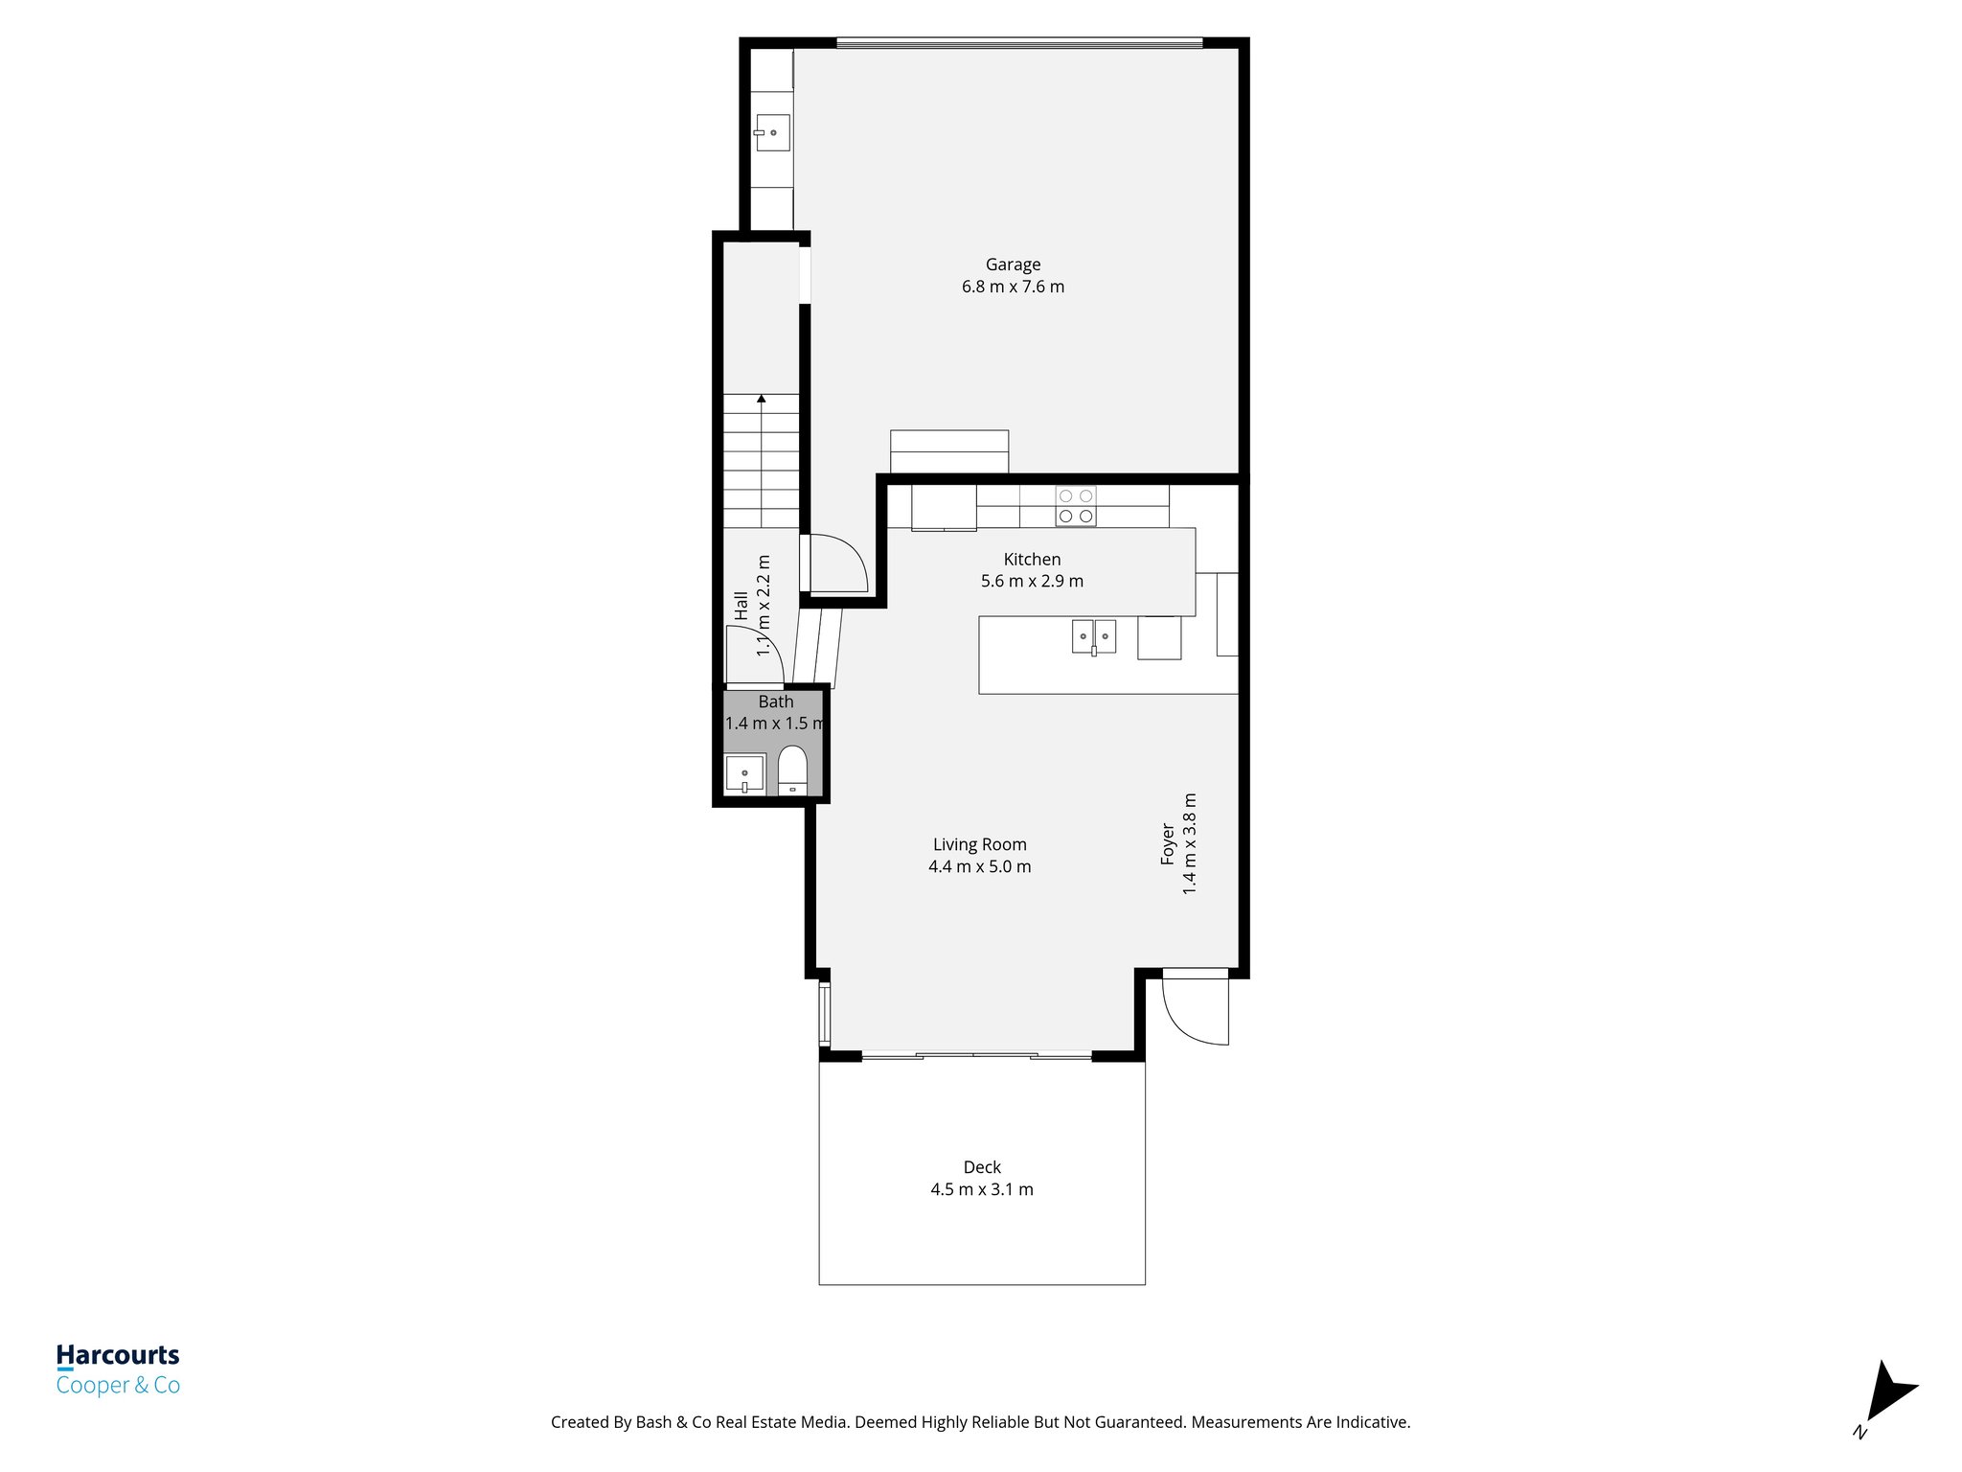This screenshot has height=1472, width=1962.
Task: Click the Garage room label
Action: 1013,264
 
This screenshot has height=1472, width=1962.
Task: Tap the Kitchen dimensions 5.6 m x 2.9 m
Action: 1032,581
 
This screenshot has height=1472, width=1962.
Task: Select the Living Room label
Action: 979,844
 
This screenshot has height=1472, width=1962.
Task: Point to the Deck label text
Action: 982,1167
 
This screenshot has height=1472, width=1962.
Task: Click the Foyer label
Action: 1168,843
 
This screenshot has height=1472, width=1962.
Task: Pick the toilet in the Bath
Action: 792,769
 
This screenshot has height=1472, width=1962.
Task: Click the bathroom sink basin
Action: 744,773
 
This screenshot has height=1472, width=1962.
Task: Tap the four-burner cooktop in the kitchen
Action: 1075,506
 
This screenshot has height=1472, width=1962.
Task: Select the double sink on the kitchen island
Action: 1093,636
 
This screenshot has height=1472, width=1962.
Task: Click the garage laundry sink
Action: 771,132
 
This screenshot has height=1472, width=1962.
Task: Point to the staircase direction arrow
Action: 761,398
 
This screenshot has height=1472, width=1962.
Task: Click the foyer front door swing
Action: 1193,1011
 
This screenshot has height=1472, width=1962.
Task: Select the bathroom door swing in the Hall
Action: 755,655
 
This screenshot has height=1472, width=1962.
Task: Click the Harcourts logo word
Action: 118,1355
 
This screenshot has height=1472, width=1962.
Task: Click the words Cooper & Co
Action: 118,1385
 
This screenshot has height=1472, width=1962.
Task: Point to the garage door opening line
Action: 1019,43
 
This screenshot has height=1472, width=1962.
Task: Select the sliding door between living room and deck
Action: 976,1056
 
